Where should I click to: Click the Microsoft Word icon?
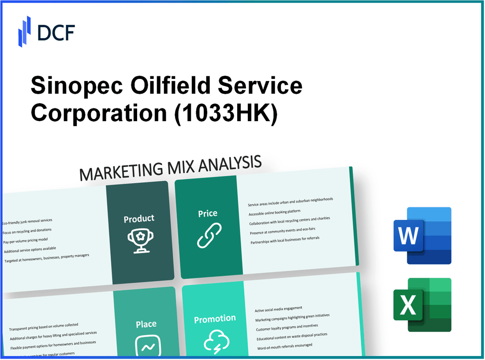(422, 236)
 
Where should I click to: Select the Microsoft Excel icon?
(422, 304)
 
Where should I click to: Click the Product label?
(139, 218)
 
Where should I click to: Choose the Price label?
(207, 213)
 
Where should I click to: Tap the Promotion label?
(215, 318)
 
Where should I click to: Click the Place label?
(146, 324)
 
